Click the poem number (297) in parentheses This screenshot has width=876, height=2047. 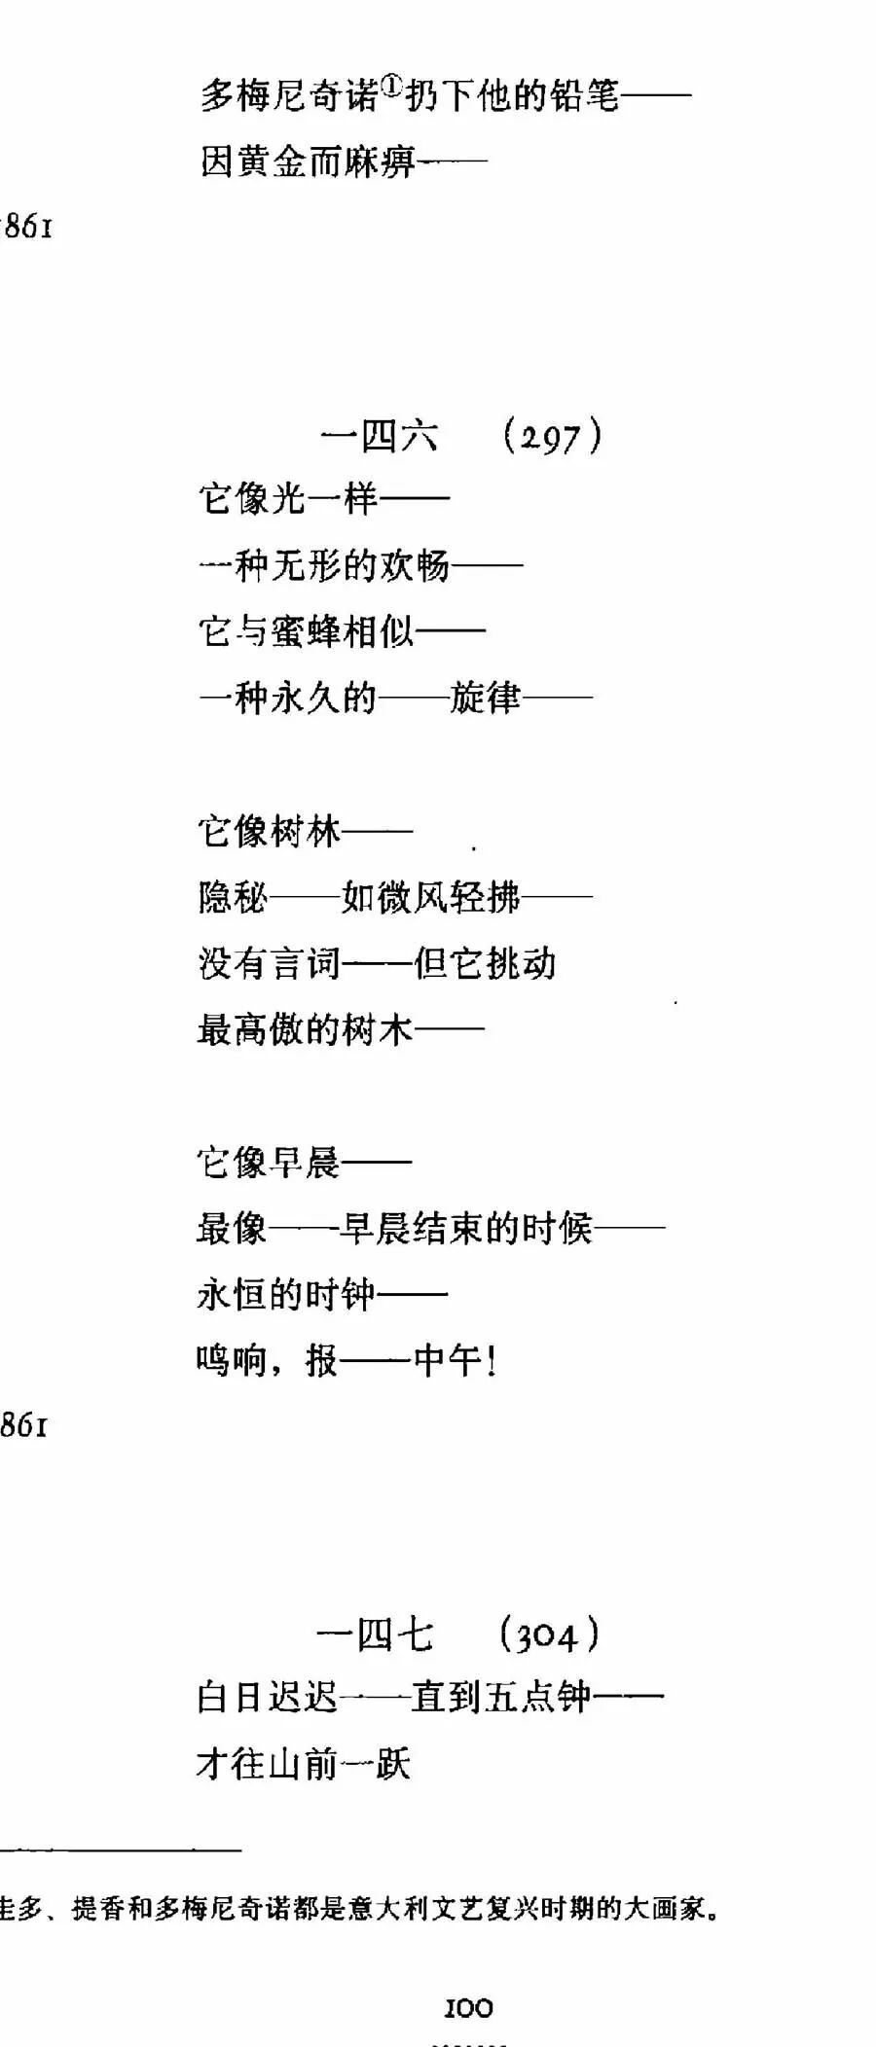pyautogui.click(x=553, y=436)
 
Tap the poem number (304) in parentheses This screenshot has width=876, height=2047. pyautogui.click(x=549, y=1635)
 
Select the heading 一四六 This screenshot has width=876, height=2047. pyautogui.click(x=380, y=436)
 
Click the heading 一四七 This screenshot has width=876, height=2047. pyautogui.click(x=375, y=1635)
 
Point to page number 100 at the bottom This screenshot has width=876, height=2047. pyautogui.click(x=468, y=2008)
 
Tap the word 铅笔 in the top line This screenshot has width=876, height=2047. pyautogui.click(x=583, y=95)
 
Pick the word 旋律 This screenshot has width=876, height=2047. pyautogui.click(x=485, y=698)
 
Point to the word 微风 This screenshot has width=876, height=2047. pyautogui.click(x=413, y=897)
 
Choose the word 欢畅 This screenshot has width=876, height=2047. pyautogui.click(x=415, y=565)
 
